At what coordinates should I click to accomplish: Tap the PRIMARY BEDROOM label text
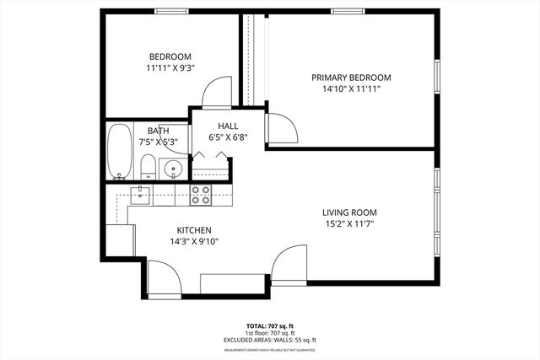click(351, 77)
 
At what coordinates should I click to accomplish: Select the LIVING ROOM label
click(349, 212)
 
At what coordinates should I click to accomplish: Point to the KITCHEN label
click(193, 230)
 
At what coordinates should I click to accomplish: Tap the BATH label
click(158, 131)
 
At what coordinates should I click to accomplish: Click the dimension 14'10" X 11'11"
click(351, 88)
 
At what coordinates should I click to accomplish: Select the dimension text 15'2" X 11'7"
click(349, 223)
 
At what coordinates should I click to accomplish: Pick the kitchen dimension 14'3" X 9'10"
click(193, 241)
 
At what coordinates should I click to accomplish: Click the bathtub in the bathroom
click(120, 152)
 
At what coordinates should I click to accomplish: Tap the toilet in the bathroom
click(148, 166)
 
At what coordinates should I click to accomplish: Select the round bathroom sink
click(173, 168)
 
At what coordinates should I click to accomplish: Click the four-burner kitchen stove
click(201, 195)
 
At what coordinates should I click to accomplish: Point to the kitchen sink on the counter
click(141, 195)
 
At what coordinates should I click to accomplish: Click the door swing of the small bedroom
click(219, 91)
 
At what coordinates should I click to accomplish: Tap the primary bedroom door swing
click(283, 126)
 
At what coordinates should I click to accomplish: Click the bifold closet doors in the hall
click(211, 157)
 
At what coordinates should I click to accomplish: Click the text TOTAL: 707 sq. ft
click(270, 325)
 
